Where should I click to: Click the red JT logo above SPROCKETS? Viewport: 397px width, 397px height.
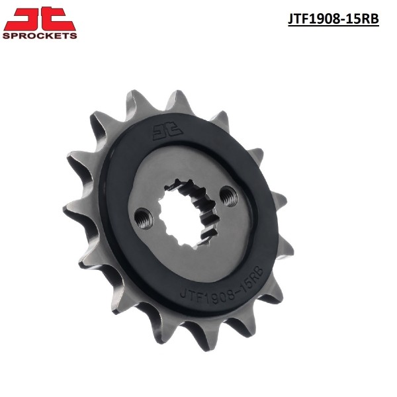[40, 19]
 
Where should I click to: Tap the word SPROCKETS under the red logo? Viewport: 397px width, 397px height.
[40, 36]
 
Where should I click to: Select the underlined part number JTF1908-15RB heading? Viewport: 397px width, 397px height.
[333, 19]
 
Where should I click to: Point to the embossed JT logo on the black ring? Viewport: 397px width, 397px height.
[167, 131]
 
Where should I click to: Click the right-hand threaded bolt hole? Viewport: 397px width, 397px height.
[229, 196]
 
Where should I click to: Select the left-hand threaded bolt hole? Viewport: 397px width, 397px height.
[144, 218]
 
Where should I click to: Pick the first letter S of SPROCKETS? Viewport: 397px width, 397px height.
[7, 36]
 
